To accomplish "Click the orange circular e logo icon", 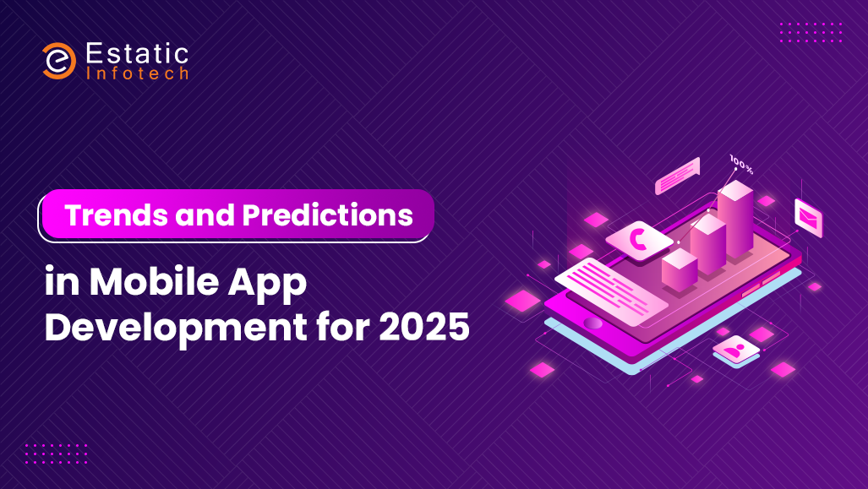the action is coord(59,60).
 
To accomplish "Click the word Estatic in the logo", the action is coord(137,54).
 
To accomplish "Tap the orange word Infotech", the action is coord(137,73).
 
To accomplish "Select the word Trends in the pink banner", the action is coord(117,215).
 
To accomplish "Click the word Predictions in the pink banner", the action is coord(328,215).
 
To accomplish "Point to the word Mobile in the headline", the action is coord(154,281).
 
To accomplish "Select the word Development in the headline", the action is coord(176,328).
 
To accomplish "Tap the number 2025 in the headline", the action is coord(424,327).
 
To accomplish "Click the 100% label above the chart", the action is coord(741,165).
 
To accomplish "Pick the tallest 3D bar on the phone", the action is coord(735,219).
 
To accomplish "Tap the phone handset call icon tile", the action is coord(639,239).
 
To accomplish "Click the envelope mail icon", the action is coord(808,217).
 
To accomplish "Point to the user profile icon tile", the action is coord(735,350).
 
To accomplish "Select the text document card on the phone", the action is coord(611,291).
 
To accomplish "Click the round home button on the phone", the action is coord(592,323).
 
